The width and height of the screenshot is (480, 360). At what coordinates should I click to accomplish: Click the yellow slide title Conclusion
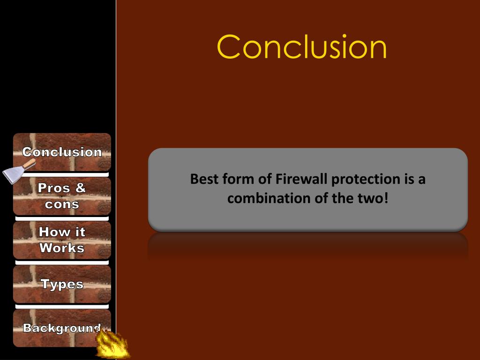pos(302,47)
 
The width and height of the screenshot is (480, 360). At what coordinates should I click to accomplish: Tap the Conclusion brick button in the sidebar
pos(62,152)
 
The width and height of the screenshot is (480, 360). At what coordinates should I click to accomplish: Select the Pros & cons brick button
pos(62,196)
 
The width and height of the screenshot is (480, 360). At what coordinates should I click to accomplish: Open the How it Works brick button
pos(62,240)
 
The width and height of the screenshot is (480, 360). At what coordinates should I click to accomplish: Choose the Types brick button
pos(62,284)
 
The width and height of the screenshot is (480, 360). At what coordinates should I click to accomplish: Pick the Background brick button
pos(62,328)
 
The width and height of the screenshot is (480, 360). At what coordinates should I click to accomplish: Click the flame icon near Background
pos(112,345)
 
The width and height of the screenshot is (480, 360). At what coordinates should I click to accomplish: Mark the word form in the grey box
pos(237,179)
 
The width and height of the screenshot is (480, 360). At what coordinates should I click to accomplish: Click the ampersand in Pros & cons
pos(80,188)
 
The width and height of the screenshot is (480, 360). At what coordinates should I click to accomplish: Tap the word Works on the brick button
pos(62,248)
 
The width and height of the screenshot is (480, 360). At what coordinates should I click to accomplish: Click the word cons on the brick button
pos(62,204)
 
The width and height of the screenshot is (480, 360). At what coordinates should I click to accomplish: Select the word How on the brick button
pos(50,232)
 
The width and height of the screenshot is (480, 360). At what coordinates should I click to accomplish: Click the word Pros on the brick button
pos(53,188)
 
